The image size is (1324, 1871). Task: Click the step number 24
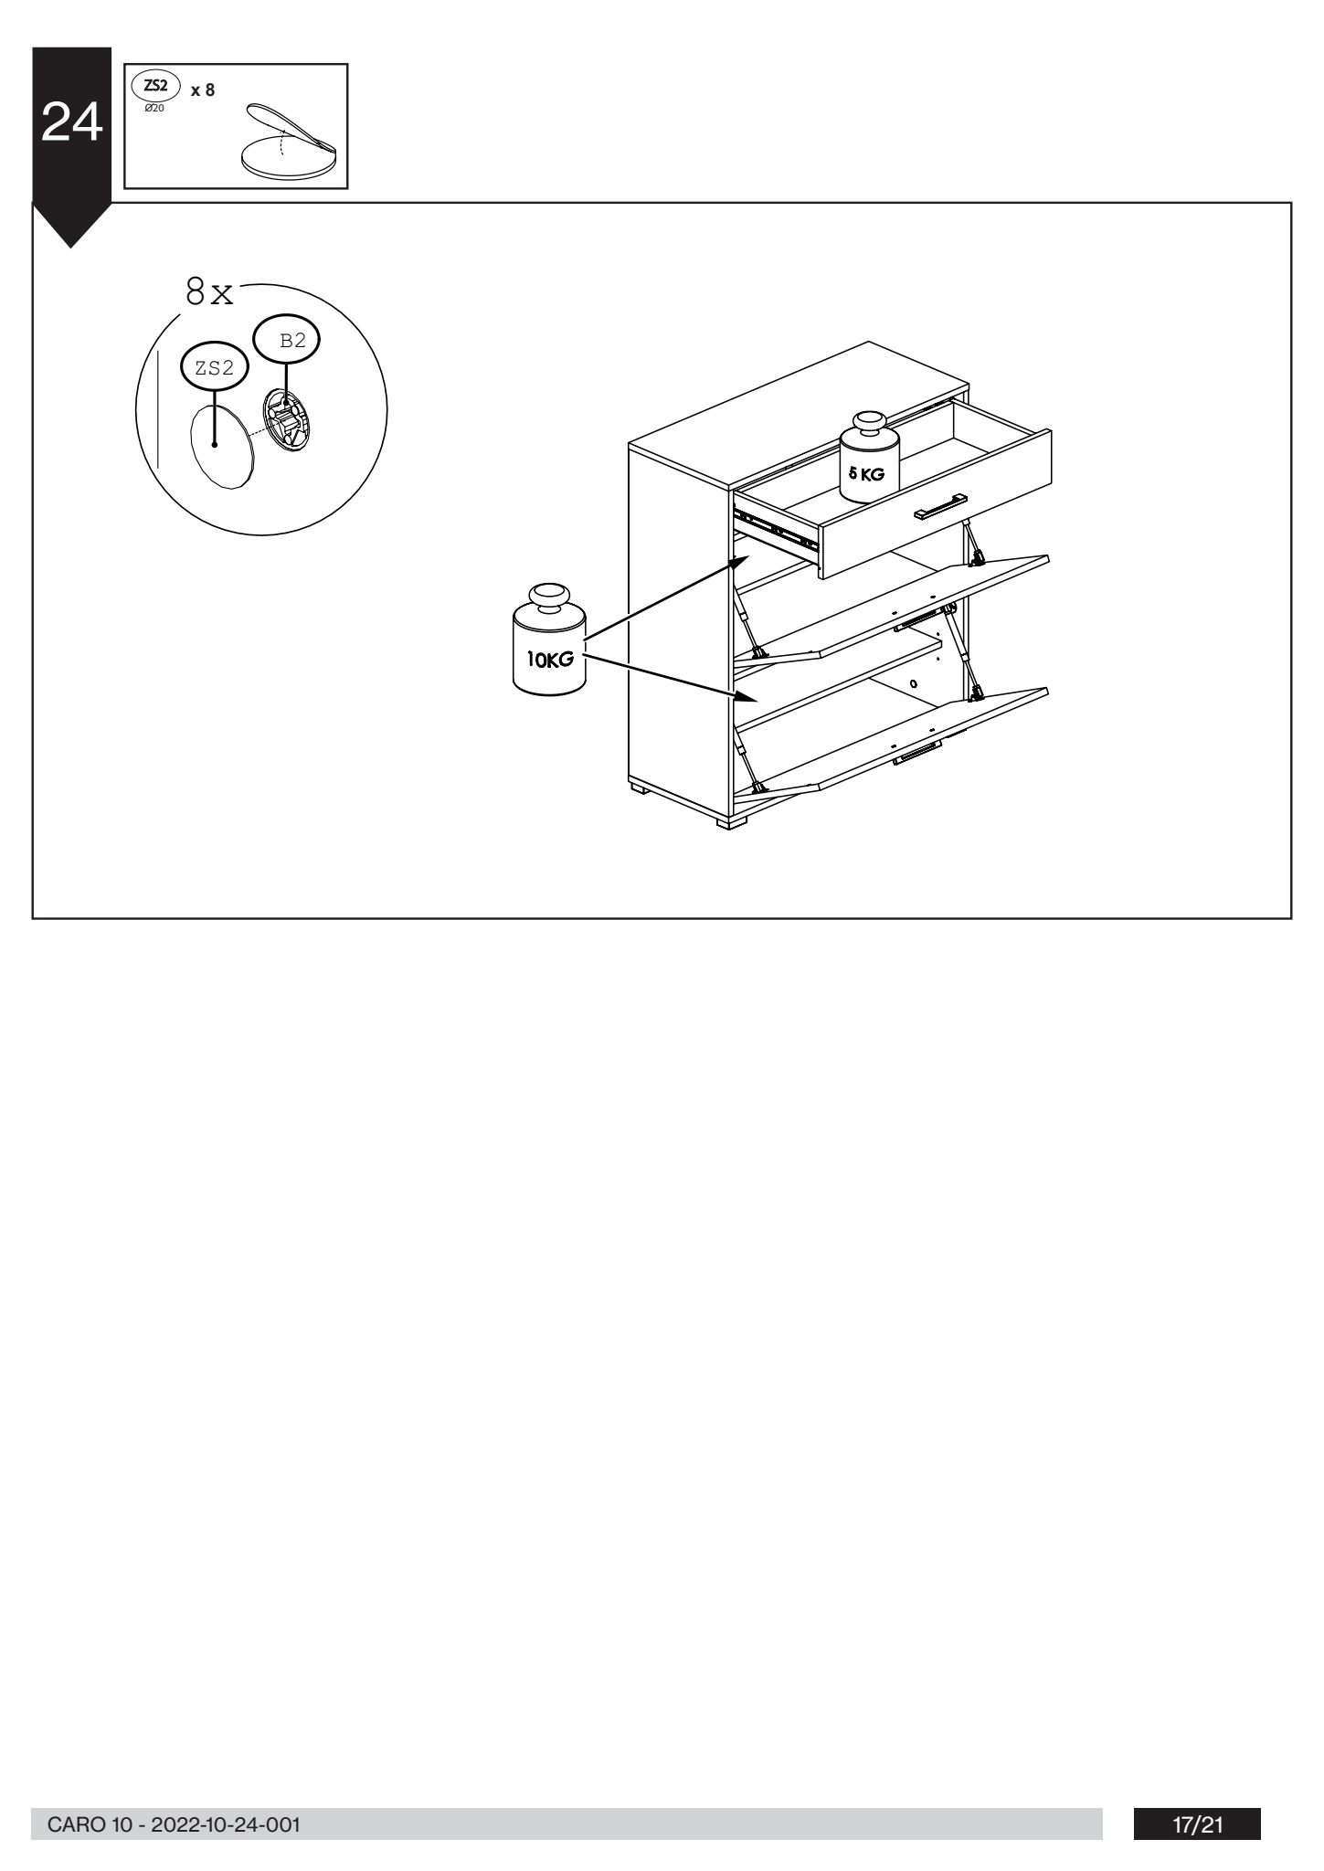click(71, 123)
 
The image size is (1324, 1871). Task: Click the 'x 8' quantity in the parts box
click(203, 90)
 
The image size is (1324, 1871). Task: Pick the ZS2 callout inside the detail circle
click(215, 368)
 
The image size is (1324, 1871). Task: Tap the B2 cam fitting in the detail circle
click(288, 420)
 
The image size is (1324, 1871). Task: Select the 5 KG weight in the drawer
click(868, 457)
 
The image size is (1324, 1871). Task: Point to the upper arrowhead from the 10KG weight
click(740, 560)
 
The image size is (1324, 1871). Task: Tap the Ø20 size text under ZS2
click(154, 108)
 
